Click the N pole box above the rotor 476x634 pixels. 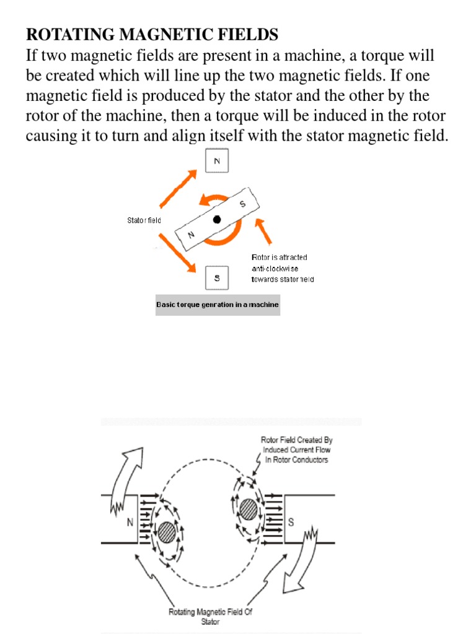[217, 162]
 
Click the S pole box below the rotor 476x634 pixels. [217, 278]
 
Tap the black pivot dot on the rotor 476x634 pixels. [217, 220]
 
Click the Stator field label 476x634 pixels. [144, 220]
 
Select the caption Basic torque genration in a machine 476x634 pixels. [218, 305]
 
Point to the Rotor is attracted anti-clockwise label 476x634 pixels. [282, 268]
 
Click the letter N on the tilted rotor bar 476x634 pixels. [191, 235]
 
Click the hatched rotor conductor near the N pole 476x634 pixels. [165, 532]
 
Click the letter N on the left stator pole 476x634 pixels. [131, 523]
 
